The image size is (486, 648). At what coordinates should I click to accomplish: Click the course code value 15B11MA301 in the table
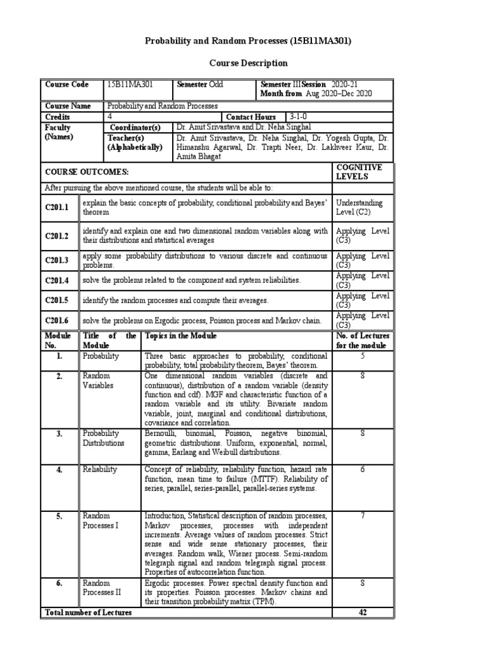(x=130, y=84)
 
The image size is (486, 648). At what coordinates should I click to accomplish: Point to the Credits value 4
(x=110, y=117)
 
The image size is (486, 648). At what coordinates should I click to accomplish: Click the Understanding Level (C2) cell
(x=359, y=208)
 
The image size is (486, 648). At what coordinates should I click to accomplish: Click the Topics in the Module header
(x=180, y=335)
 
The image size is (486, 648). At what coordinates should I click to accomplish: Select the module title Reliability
(x=100, y=469)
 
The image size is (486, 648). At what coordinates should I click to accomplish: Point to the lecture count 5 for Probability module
(x=363, y=356)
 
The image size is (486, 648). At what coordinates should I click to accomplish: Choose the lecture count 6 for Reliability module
(x=363, y=469)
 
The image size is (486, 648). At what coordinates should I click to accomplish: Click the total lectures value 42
(x=363, y=613)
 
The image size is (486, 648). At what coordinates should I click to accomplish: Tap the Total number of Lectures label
(x=87, y=613)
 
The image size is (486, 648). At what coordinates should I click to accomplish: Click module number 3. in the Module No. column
(x=59, y=433)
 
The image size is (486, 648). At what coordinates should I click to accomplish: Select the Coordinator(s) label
(x=134, y=127)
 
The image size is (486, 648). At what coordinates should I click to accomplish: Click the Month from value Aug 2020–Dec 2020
(x=339, y=94)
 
